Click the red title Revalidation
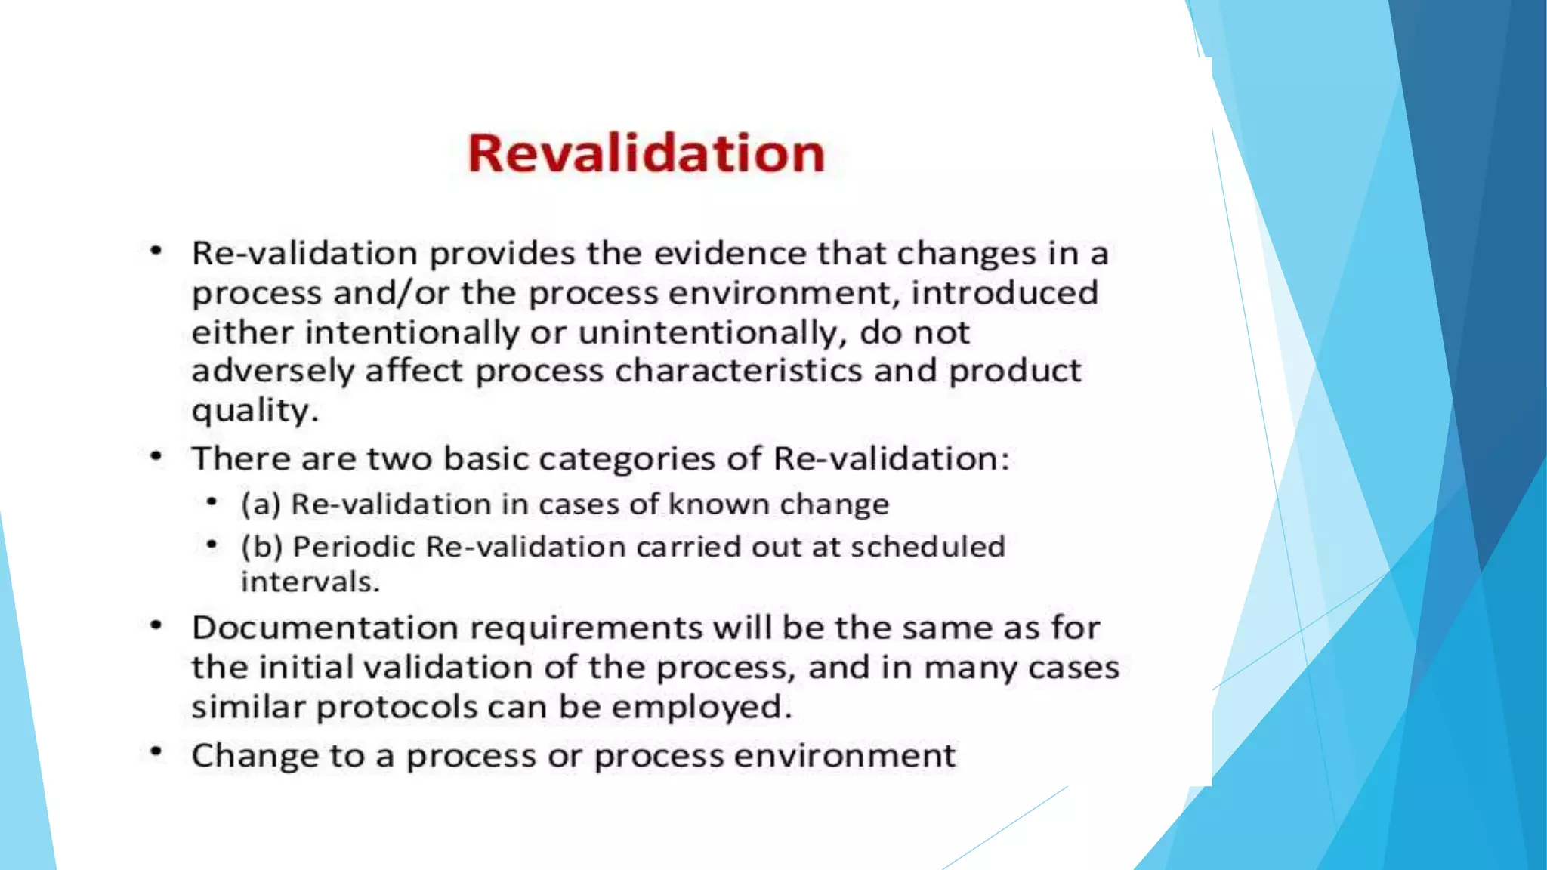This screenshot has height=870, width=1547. (x=646, y=153)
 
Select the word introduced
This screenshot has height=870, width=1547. (x=1004, y=293)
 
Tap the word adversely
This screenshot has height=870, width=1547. (x=272, y=372)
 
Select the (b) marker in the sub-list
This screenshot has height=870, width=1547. (x=261, y=547)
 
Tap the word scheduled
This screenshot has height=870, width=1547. (x=928, y=547)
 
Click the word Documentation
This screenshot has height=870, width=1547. (x=325, y=628)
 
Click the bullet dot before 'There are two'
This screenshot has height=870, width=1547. (x=156, y=456)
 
